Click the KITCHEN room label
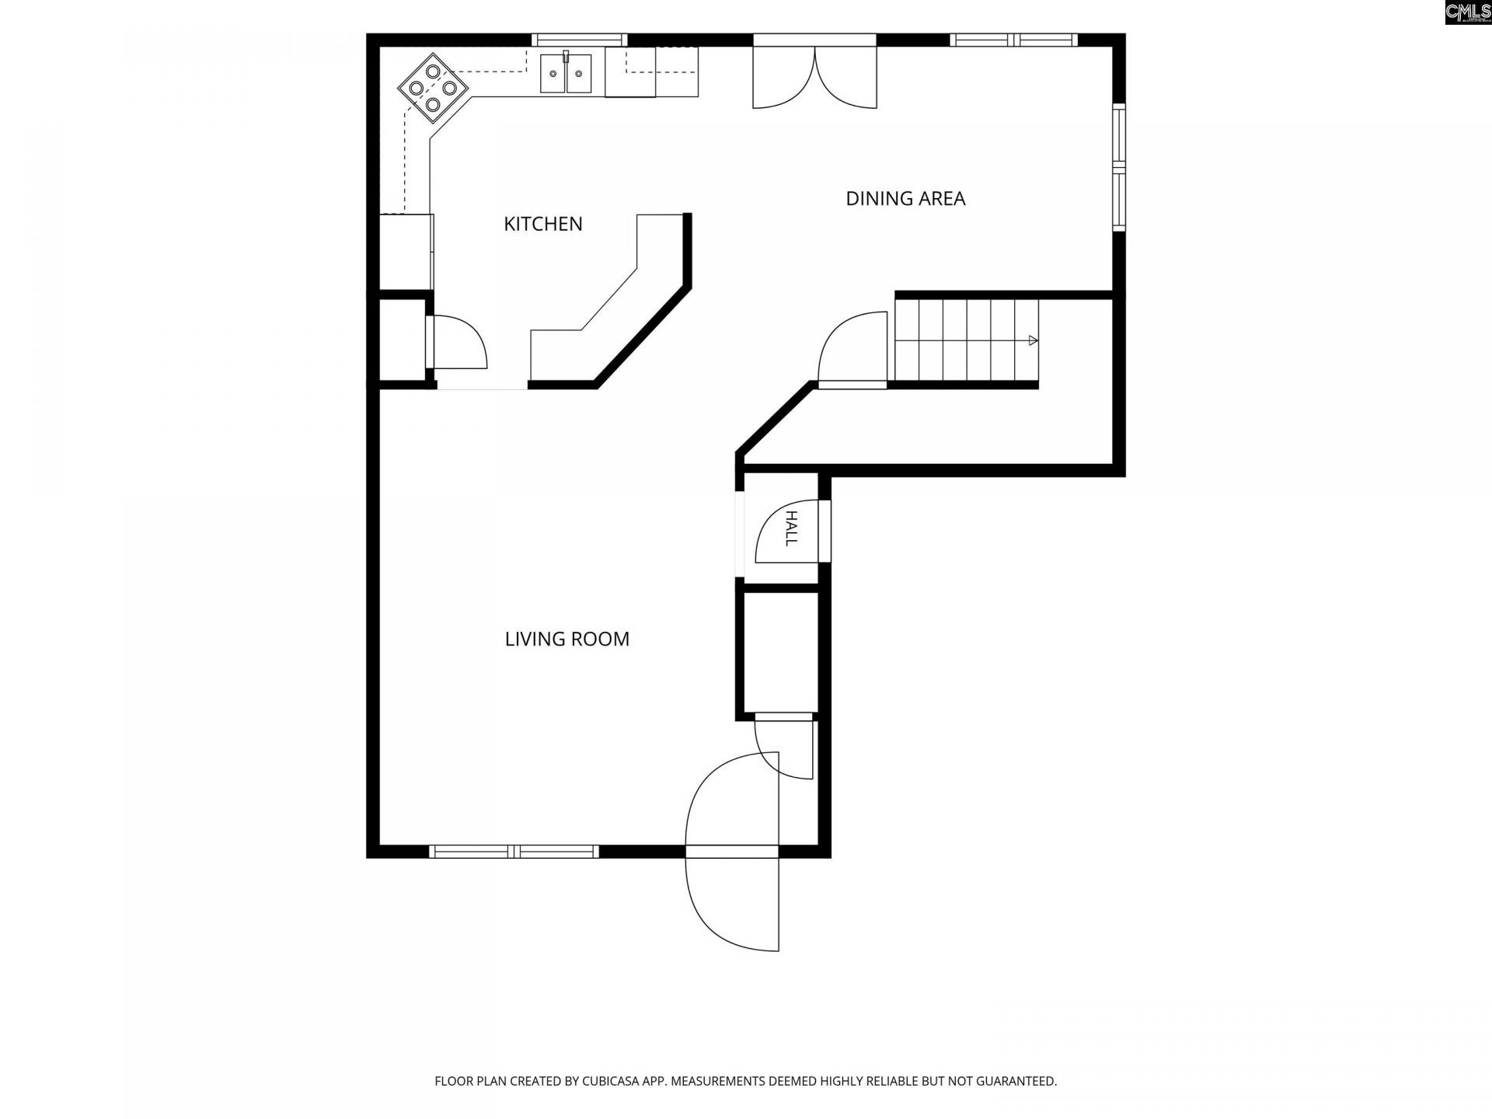[x=543, y=224]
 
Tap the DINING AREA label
[x=905, y=199]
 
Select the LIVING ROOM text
[x=567, y=639]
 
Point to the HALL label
[x=791, y=528]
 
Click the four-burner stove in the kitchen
[x=434, y=88]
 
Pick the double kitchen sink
[x=566, y=73]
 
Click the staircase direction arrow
[x=1033, y=340]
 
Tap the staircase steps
[x=967, y=340]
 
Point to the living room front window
[x=514, y=852]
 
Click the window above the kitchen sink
[x=579, y=40]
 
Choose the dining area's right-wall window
[x=1119, y=167]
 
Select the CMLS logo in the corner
[x=1468, y=12]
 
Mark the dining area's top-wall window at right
[x=1014, y=40]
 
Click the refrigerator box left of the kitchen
[x=405, y=252]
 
